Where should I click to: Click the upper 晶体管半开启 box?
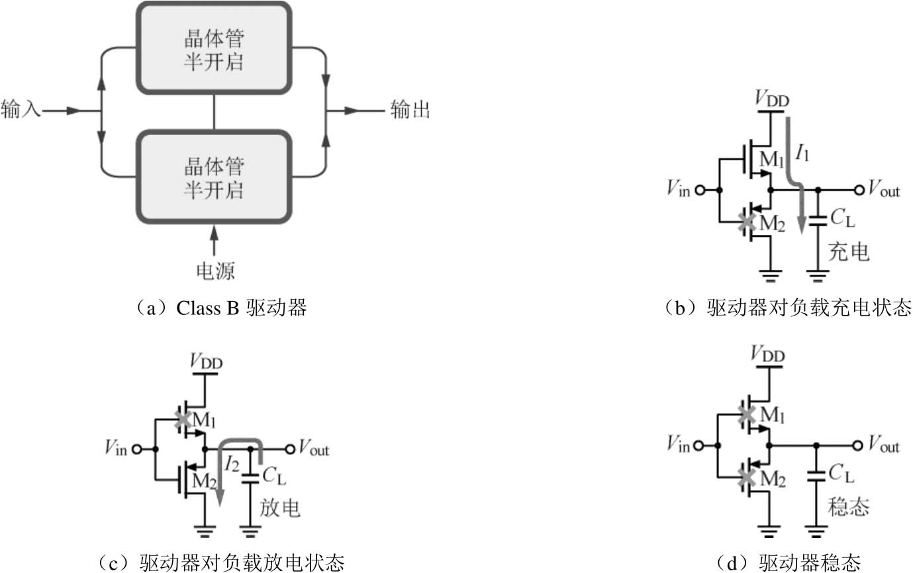pos(213,48)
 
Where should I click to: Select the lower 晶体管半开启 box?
pos(213,177)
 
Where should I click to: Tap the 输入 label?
pos(21,110)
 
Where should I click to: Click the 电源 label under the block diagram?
pos(215,272)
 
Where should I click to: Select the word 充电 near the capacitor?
pos(848,252)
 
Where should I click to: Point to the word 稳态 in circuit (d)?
pos(848,507)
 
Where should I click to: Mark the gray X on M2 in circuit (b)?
pos(747,224)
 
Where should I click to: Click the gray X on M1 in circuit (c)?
pos(183,419)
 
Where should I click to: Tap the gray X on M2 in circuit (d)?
pos(747,478)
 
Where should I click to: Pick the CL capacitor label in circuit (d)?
pos(841,473)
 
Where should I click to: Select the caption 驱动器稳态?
pos(788,563)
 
